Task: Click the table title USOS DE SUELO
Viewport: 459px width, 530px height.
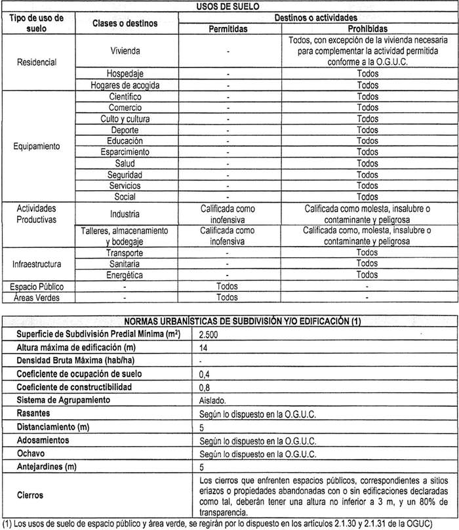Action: tap(228, 6)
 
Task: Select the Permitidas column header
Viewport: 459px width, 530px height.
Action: tap(227, 29)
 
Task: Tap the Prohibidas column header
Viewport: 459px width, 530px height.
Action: tap(368, 29)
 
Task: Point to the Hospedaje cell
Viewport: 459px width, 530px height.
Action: tap(125, 73)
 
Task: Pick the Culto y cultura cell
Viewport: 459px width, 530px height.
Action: tap(125, 119)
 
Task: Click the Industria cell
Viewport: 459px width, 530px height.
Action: tap(125, 214)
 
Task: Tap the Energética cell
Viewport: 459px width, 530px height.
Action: tap(125, 275)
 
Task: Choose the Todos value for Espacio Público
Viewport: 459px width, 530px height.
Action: tap(227, 287)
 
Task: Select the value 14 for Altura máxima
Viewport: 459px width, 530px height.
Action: tap(204, 348)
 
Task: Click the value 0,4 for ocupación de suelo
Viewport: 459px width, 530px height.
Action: tap(205, 374)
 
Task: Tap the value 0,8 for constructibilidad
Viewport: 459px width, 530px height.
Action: tap(205, 387)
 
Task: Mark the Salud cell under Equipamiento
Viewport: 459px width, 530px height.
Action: tap(125, 163)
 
